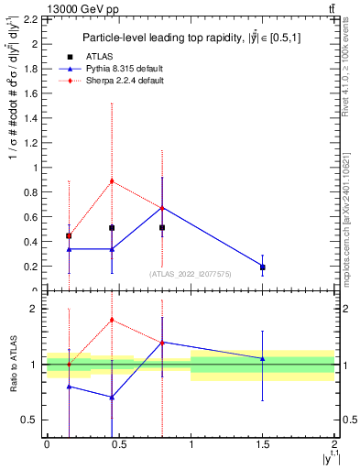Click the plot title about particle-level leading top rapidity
188,38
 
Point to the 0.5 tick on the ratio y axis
32,420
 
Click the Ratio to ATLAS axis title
13,365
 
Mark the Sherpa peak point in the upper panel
112,180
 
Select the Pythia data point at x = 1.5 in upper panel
263,267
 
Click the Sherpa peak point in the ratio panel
112,320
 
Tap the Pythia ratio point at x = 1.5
263,358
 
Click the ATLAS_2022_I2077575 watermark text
190,273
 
